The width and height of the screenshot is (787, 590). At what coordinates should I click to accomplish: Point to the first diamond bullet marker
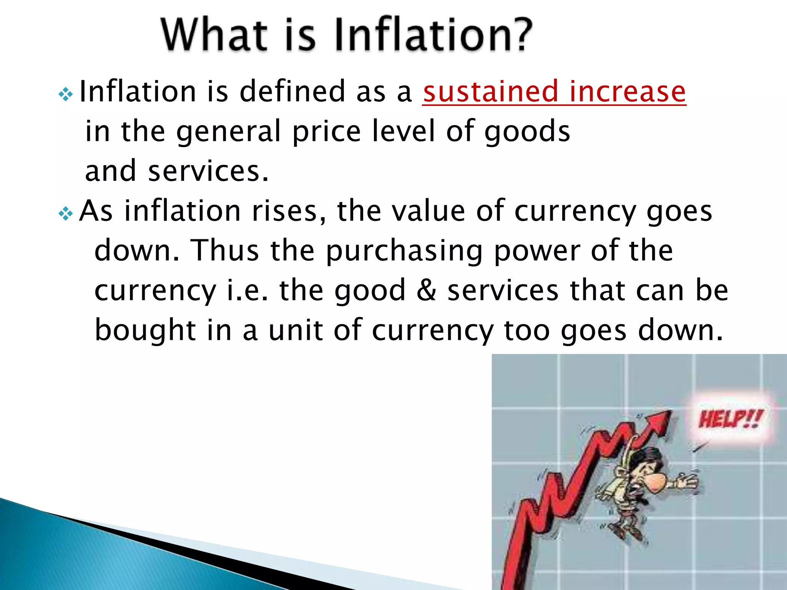pos(66,94)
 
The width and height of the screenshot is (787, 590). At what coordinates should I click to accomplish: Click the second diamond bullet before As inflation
pos(66,214)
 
